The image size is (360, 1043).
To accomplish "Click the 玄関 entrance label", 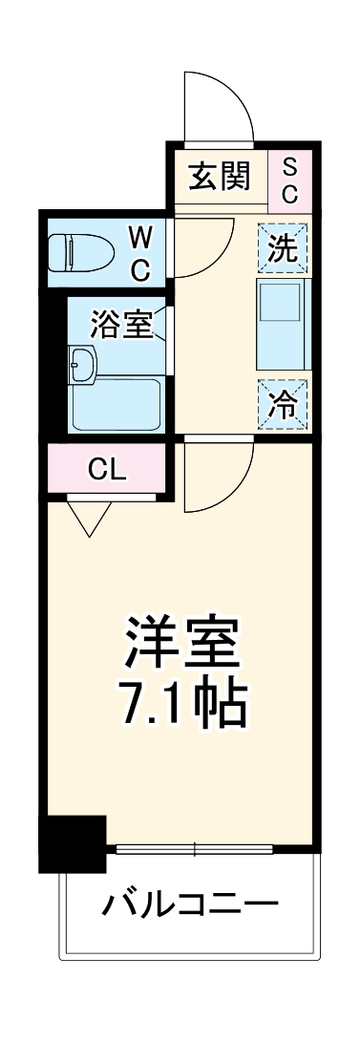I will point(219,178).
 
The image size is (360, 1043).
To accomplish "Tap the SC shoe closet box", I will point(291,179).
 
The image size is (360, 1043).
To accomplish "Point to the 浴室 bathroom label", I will point(121,325).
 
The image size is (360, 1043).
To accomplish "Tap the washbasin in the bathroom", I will point(84,362).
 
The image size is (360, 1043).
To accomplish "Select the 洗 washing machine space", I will point(283,248).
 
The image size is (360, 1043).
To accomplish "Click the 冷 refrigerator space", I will point(283,404).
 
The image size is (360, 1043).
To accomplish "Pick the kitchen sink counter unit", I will point(283,326).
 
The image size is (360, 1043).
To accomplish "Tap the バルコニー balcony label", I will point(191,902).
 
